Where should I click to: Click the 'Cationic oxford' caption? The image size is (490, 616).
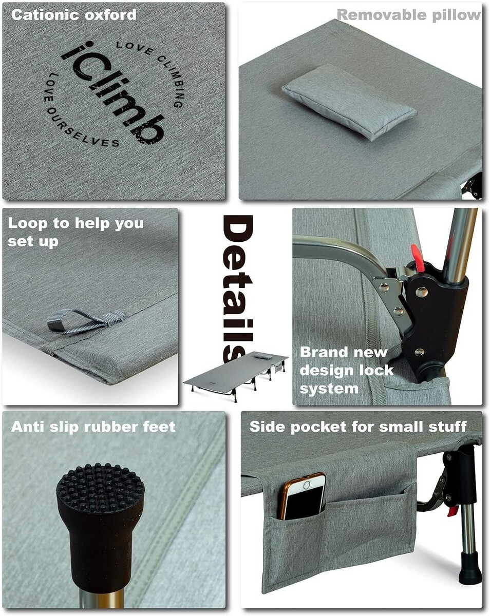click(x=73, y=15)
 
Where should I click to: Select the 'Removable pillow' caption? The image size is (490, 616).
click(x=409, y=15)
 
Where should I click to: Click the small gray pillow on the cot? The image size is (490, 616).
click(x=349, y=102)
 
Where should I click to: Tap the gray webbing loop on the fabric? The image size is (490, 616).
click(x=86, y=321)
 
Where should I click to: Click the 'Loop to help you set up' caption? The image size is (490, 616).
click(x=76, y=232)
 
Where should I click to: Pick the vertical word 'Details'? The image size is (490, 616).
click(x=237, y=288)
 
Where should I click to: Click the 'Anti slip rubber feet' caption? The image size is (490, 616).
click(x=93, y=427)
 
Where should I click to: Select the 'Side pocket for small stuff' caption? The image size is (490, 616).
click(x=359, y=427)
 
